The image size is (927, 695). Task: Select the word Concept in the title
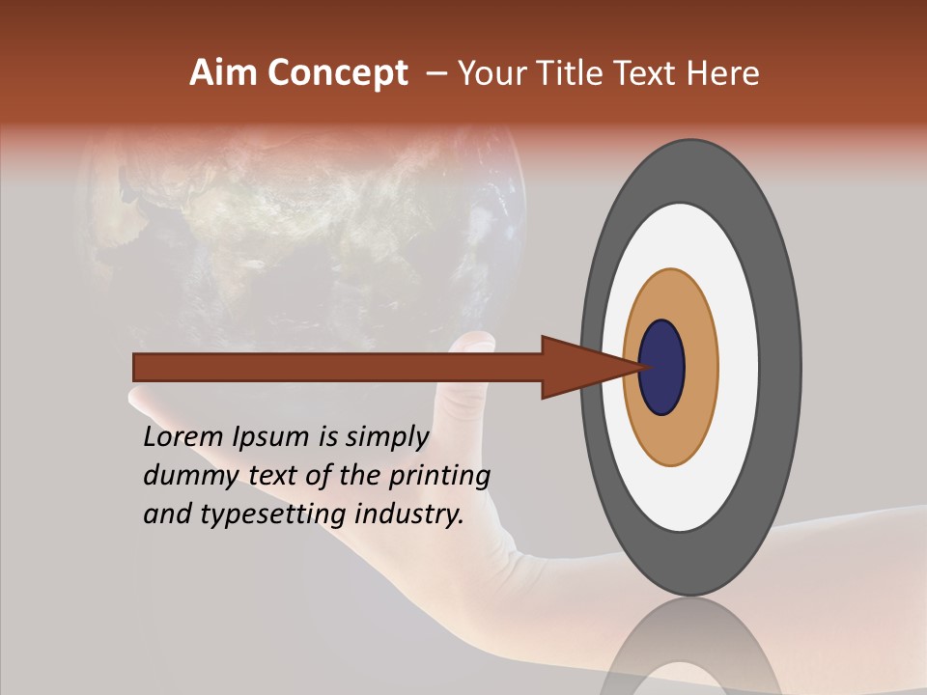click(337, 73)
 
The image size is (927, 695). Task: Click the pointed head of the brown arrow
click(579, 367)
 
